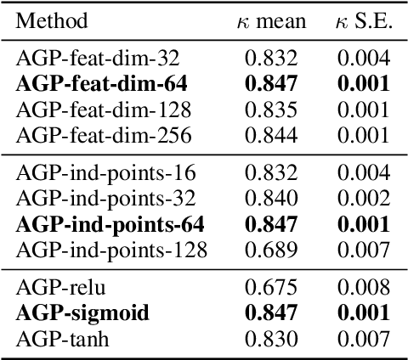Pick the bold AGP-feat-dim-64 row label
tap(101, 83)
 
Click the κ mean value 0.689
tap(271, 250)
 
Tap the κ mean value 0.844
tap(271, 134)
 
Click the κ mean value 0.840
tap(271, 199)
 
